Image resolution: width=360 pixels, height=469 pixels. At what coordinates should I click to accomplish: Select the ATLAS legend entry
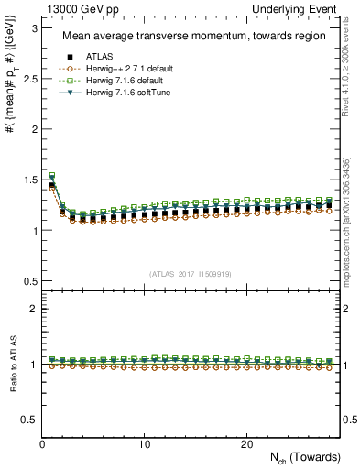point(100,57)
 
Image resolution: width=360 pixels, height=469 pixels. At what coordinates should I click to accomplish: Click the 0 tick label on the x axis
point(42,444)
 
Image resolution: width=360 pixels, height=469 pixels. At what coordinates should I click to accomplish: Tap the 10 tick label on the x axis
point(144,444)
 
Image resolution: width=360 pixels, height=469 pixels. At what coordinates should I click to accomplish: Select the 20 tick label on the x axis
point(245,444)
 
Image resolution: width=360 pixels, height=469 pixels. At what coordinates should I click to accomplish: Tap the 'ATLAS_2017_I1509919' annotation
point(191,274)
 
